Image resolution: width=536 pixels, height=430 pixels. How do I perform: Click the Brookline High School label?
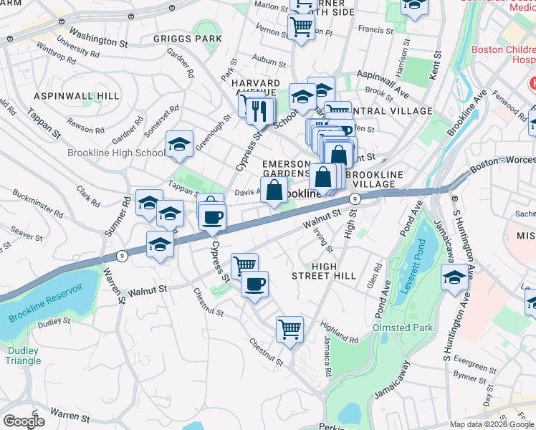pyautogui.click(x=116, y=153)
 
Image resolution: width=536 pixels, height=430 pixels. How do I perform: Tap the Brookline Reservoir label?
pyautogui.click(x=44, y=309)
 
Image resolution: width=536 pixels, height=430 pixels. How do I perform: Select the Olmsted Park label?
pyautogui.click(x=402, y=328)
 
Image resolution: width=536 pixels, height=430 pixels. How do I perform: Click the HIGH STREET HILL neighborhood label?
pyautogui.click(x=324, y=271)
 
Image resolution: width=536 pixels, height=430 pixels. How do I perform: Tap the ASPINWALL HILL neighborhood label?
pyautogui.click(x=66, y=95)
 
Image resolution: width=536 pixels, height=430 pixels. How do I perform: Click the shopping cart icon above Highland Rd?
pyautogui.click(x=290, y=330)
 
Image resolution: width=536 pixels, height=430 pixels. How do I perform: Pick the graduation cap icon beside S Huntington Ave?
pyautogui.click(x=454, y=277)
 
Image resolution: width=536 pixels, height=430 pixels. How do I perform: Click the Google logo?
pyautogui.click(x=23, y=421)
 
